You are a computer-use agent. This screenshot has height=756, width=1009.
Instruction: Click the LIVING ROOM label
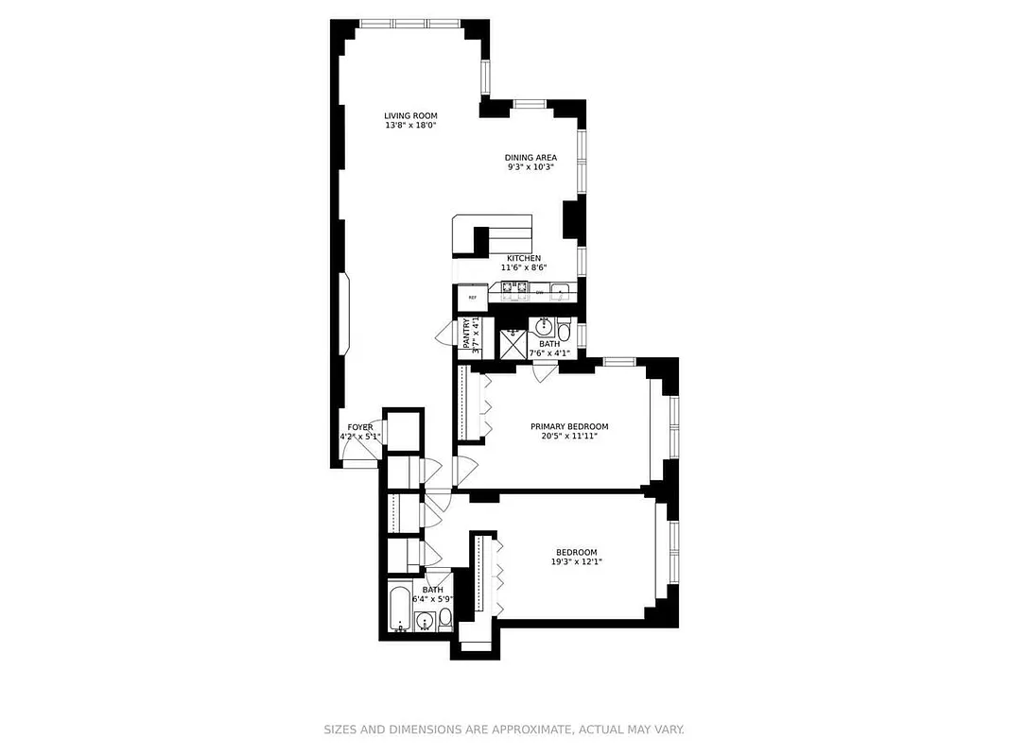point(409,115)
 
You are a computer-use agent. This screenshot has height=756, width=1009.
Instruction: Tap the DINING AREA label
point(530,158)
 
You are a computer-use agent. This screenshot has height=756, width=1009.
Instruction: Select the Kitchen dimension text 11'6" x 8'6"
point(524,267)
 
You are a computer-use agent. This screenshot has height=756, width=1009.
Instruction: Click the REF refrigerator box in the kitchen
point(471,298)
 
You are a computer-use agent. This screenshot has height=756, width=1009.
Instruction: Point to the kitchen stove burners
point(513,289)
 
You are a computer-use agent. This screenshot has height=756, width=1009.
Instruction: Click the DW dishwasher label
point(539,293)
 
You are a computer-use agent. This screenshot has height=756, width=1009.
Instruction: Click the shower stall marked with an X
point(513,343)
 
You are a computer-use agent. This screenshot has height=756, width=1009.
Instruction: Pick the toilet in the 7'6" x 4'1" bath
point(564,332)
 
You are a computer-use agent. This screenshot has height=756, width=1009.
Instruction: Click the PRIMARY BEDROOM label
point(568,426)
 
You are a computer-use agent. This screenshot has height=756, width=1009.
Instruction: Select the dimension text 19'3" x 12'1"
point(576,562)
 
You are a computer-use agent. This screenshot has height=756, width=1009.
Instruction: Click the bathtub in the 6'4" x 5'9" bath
point(400,610)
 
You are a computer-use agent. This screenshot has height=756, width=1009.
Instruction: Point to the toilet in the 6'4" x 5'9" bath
point(444,618)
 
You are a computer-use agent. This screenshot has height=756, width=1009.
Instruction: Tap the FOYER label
point(359,427)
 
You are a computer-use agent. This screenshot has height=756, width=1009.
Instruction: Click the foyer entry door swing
point(359,455)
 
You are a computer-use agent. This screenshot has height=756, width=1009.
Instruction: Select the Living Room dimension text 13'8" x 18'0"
point(410,126)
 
